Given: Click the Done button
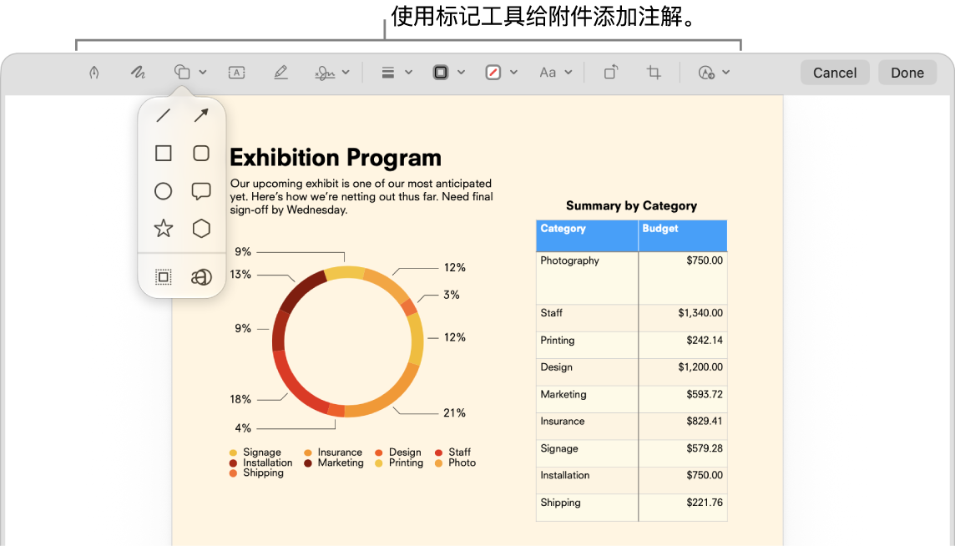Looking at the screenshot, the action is point(907,73).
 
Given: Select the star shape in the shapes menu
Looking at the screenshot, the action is point(164,229).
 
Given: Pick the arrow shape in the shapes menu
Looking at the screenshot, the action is point(201,115).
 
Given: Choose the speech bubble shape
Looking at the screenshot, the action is point(201,191).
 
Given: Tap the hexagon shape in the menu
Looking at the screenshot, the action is point(201,229).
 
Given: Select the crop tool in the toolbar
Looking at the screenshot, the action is point(654,73).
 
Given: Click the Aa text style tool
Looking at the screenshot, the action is point(548,73).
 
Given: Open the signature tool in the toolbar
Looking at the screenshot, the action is point(326,73).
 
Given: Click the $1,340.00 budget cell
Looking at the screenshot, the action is point(700,313).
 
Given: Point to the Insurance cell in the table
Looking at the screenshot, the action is point(562,421).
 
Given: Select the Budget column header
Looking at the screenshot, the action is point(659,229).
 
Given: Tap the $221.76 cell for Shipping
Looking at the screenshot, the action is point(705,503).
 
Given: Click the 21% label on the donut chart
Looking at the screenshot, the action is point(454,413).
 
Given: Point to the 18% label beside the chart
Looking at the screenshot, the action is point(240,400).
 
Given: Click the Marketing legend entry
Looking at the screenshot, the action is point(334,463).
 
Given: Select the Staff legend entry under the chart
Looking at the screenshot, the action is point(453,452).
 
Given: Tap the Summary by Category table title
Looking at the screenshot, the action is point(632,206).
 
